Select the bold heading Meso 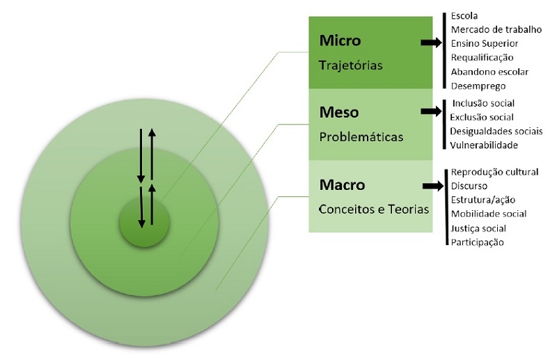340,112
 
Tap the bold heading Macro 342,186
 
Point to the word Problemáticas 361,136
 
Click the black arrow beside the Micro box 432,43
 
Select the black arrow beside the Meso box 432,111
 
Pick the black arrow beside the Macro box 432,186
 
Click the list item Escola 464,15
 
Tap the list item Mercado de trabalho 496,29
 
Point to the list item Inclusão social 483,104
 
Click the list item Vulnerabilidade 484,145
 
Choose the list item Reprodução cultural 495,172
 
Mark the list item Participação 477,242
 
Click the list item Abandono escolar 489,71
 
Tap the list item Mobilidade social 488,214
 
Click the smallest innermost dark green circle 145,223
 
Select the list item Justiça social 478,228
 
